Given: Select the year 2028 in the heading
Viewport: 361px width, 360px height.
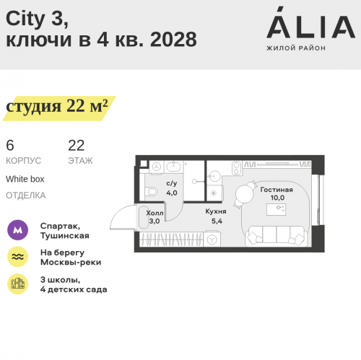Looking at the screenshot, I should point(174,40).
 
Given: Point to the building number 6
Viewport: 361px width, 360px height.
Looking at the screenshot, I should point(9,145).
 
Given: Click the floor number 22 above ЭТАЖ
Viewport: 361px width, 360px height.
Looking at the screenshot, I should point(76,145).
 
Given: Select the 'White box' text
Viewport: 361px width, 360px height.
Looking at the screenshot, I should point(25,178).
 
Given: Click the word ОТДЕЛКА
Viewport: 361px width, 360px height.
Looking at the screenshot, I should point(25,195).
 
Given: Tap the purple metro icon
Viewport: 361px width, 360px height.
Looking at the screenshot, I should point(18,230).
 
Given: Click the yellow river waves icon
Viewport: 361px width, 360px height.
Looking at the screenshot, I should point(18,257).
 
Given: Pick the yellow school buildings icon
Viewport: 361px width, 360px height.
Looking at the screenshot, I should point(18,284).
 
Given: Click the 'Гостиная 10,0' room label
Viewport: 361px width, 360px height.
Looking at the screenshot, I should point(277,193).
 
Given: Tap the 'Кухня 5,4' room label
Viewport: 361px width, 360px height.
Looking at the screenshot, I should point(216,216).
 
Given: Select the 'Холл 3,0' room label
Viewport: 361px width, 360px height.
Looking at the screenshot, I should point(155,217).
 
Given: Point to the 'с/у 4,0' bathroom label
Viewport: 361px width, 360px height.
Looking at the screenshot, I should point(172,189).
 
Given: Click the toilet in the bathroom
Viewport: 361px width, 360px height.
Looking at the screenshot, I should point(151,192).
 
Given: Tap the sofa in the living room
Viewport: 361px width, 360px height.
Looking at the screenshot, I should point(276,235).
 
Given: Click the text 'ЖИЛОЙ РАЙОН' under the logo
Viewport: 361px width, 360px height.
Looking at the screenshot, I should point(296,48).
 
